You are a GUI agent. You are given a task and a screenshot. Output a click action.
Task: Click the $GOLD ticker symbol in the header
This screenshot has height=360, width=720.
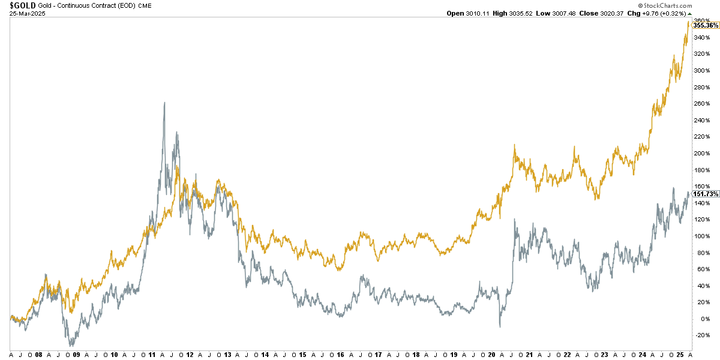18,5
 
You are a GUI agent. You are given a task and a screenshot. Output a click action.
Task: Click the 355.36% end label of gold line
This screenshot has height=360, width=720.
706,25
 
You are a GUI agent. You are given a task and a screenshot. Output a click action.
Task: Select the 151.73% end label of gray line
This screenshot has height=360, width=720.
706,194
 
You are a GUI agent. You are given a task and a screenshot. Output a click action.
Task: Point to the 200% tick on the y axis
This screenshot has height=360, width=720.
701,153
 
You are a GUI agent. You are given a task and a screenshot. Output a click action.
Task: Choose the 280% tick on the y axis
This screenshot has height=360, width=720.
701,87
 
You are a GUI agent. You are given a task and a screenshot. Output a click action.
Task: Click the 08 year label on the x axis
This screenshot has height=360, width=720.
38,355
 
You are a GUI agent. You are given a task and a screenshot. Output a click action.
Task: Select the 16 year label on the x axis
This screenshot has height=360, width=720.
340,355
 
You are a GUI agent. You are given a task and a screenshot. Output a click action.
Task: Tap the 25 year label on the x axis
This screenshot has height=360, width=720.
680,355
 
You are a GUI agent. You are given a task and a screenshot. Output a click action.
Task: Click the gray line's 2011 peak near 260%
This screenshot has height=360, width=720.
164,103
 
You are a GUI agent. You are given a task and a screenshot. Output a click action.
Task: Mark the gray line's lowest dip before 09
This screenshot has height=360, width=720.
72,346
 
